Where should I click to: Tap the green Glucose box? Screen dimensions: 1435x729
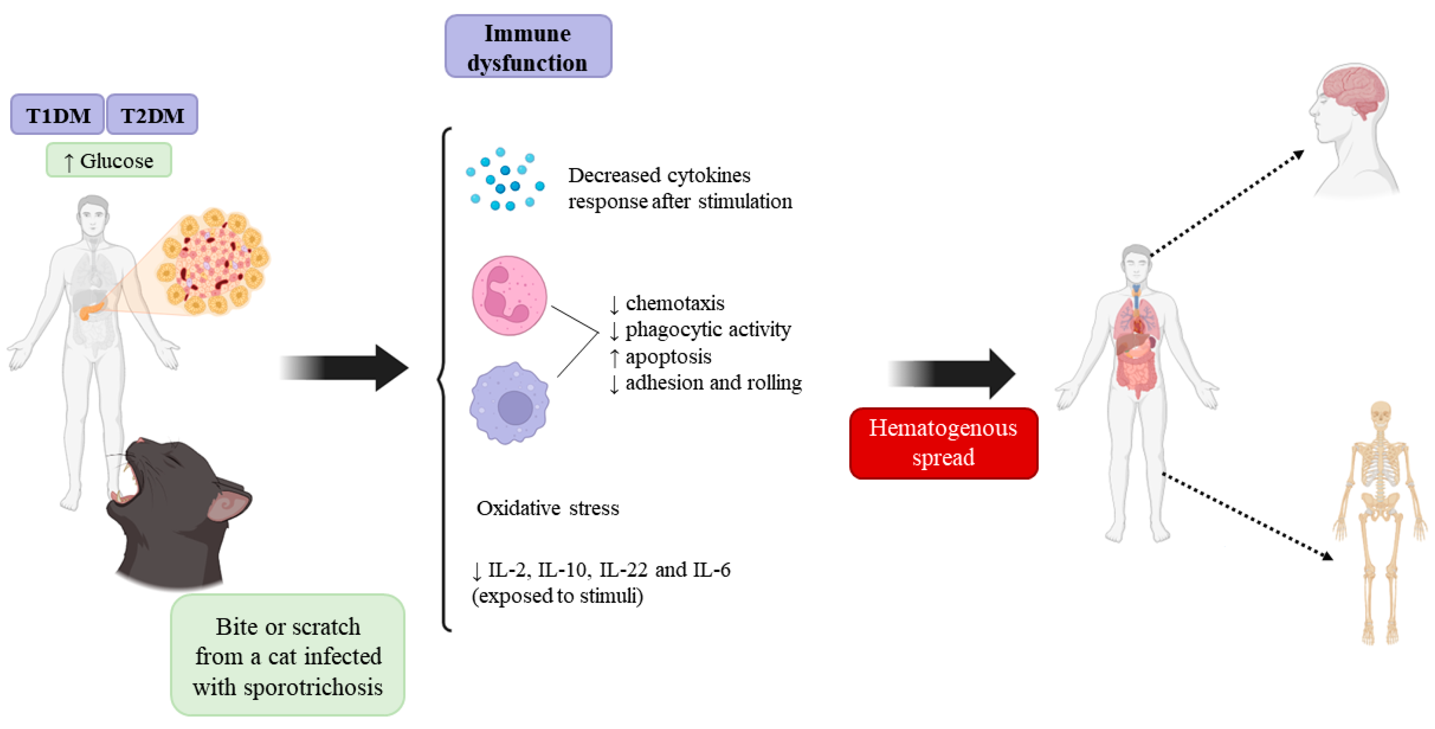click(x=109, y=160)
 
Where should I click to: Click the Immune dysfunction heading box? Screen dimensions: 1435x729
click(x=528, y=46)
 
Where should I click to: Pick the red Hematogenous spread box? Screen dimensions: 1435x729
click(x=944, y=443)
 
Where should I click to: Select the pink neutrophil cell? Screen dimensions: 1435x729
click(x=509, y=295)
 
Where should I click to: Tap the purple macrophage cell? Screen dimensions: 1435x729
click(x=509, y=403)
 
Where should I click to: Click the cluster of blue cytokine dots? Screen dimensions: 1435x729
click(x=505, y=179)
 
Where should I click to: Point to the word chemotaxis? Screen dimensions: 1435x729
click(x=675, y=303)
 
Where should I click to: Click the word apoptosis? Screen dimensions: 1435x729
click(x=668, y=357)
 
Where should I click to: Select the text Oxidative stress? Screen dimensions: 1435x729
click(x=548, y=508)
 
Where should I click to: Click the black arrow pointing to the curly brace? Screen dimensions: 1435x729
click(x=343, y=368)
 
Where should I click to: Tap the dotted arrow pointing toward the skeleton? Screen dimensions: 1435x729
click(x=1247, y=517)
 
